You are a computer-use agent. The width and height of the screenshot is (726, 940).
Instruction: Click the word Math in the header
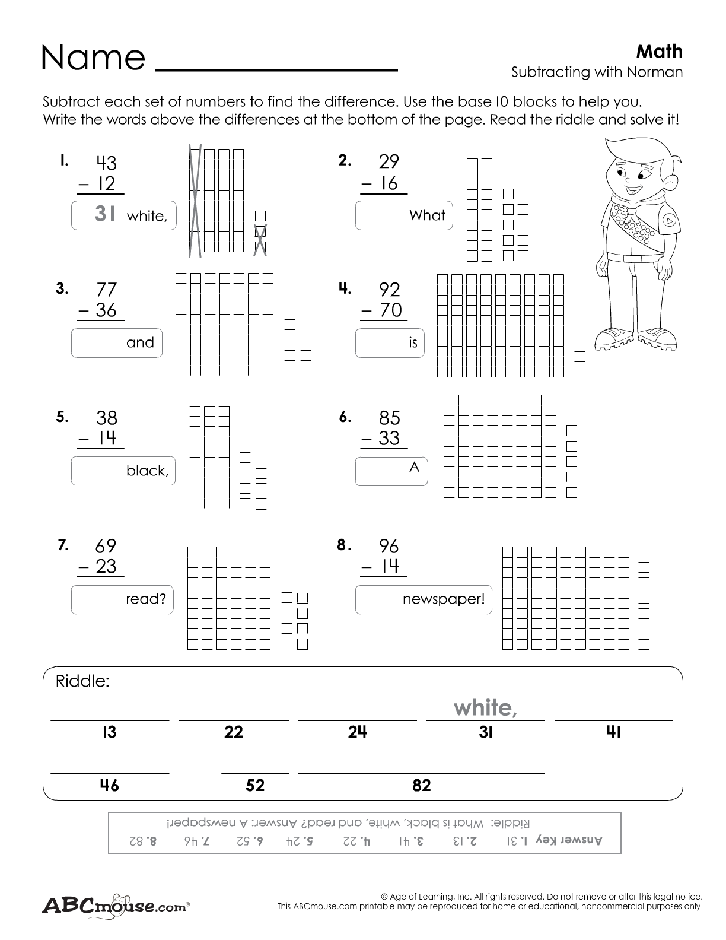pos(659,52)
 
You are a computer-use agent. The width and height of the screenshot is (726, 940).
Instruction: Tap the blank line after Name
pos(276,69)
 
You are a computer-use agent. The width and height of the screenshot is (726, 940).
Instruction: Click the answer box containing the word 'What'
pos(403,215)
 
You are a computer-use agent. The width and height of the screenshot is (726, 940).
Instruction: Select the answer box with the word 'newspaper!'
pos(423,599)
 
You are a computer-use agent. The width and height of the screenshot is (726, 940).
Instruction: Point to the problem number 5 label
pos(62,417)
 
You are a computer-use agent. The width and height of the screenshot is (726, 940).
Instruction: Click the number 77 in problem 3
pos(106,290)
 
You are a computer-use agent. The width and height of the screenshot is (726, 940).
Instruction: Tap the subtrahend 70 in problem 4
pos(390,310)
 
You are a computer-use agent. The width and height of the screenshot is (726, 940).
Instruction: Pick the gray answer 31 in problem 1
pos(106,214)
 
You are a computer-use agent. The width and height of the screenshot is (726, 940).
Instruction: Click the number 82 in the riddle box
pos(421,786)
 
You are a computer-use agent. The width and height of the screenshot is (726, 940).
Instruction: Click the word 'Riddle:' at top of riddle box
pos(82,681)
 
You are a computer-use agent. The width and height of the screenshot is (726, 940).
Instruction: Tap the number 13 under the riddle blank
pos(109,732)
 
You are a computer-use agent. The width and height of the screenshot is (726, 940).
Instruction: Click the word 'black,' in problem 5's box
pos(147,471)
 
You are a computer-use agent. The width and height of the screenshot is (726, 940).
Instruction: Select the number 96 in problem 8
pos(389,546)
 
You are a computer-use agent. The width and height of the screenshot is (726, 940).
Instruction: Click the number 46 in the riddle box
pos(110,786)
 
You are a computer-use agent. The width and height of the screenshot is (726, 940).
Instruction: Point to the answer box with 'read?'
pos(122,599)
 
